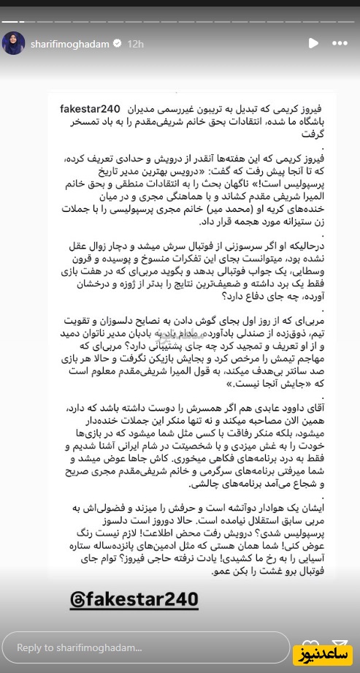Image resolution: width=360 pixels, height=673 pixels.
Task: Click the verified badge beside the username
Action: coord(117,43)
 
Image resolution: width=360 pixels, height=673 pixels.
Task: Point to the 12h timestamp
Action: coord(134,43)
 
